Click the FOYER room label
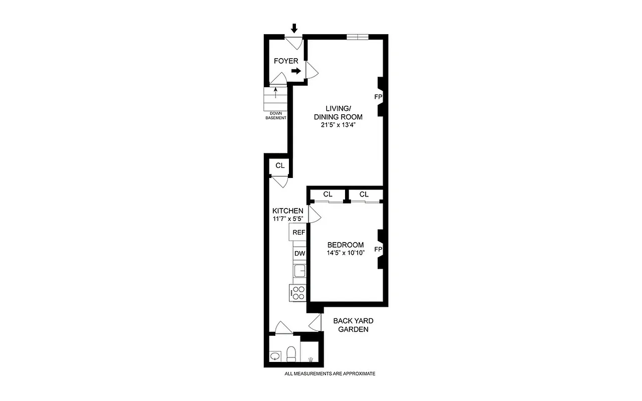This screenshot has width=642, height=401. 286,61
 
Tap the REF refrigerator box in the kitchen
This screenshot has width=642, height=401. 299,233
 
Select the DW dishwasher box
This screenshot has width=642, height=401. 299,254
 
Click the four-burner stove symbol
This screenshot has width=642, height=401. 298,293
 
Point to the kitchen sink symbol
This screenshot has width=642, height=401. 299,271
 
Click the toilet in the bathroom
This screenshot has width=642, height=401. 290,354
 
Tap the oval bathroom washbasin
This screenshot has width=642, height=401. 275,356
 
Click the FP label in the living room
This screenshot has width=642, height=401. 378,96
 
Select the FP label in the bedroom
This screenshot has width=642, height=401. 378,249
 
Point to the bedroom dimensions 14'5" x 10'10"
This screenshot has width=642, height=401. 345,253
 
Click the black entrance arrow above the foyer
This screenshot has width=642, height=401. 294,29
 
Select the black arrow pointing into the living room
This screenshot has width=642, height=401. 296,71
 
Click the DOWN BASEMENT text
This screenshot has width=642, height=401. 276,116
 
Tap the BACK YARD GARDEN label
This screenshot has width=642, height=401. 353,325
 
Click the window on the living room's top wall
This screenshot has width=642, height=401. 358,37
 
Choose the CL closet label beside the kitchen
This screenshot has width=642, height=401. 280,165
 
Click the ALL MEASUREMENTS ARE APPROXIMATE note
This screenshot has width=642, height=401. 330,374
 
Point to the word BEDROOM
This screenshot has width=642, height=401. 345,245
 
